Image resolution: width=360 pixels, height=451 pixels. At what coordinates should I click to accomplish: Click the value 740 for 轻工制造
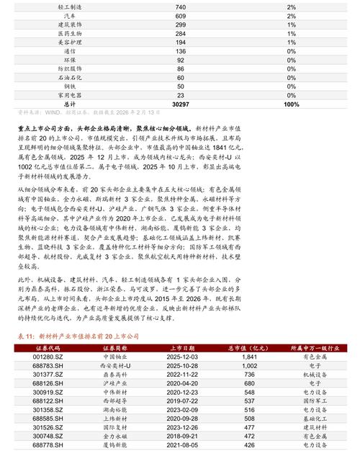pos(181,6)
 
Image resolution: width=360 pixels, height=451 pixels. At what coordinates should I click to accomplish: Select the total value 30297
pos(181,104)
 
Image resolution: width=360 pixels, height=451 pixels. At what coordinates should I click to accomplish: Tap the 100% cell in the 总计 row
pos(292,104)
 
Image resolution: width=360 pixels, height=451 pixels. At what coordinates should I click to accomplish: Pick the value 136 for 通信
pos(181,51)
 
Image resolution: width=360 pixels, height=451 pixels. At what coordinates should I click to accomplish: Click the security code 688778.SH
pos(51,445)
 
